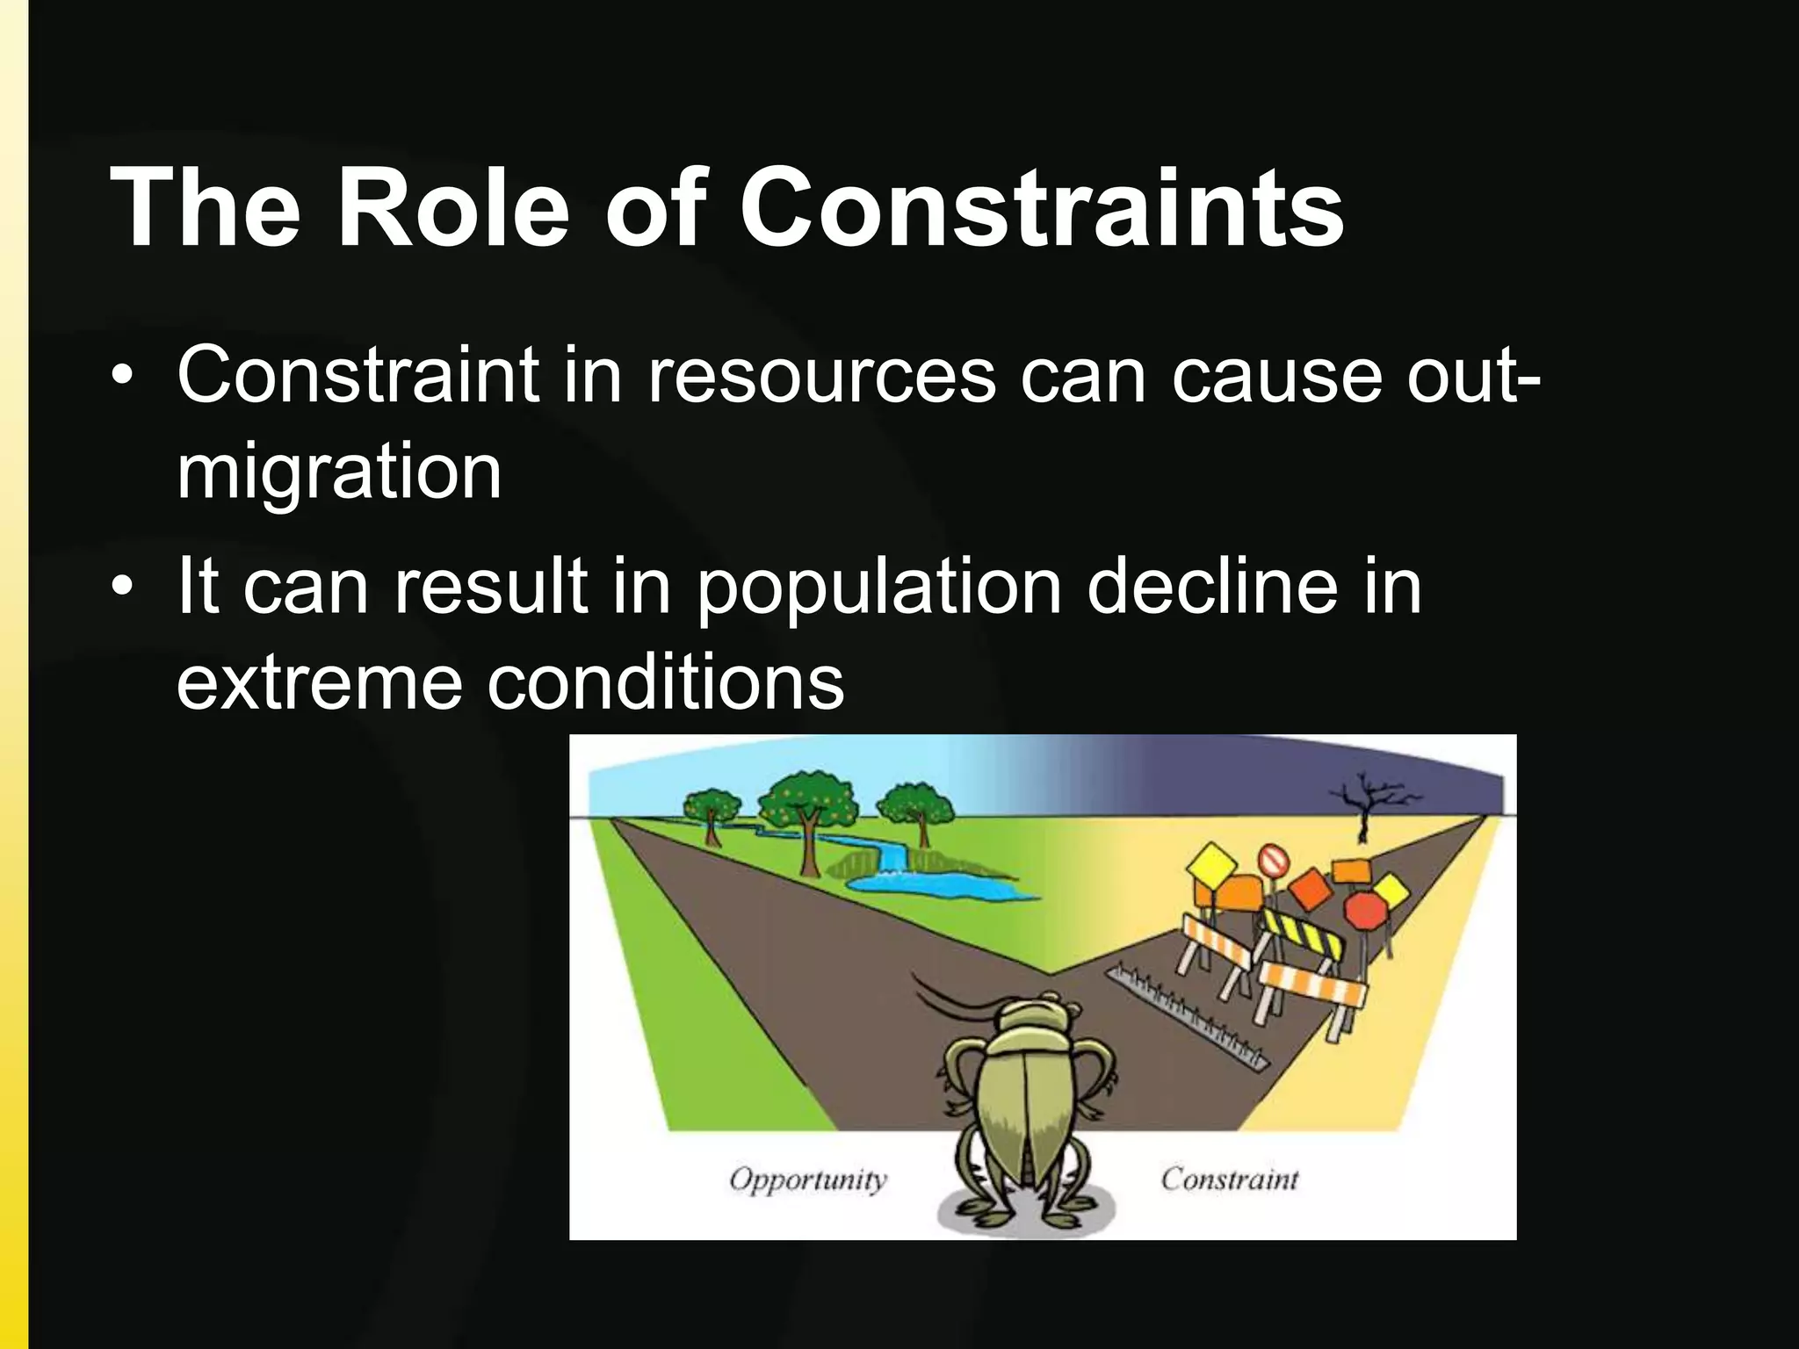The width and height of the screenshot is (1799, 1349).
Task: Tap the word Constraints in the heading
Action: (1042, 208)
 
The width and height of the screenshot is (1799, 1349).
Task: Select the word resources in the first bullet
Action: (821, 375)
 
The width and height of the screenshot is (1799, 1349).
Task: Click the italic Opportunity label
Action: (808, 1179)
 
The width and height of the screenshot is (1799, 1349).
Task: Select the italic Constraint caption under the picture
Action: (1229, 1179)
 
